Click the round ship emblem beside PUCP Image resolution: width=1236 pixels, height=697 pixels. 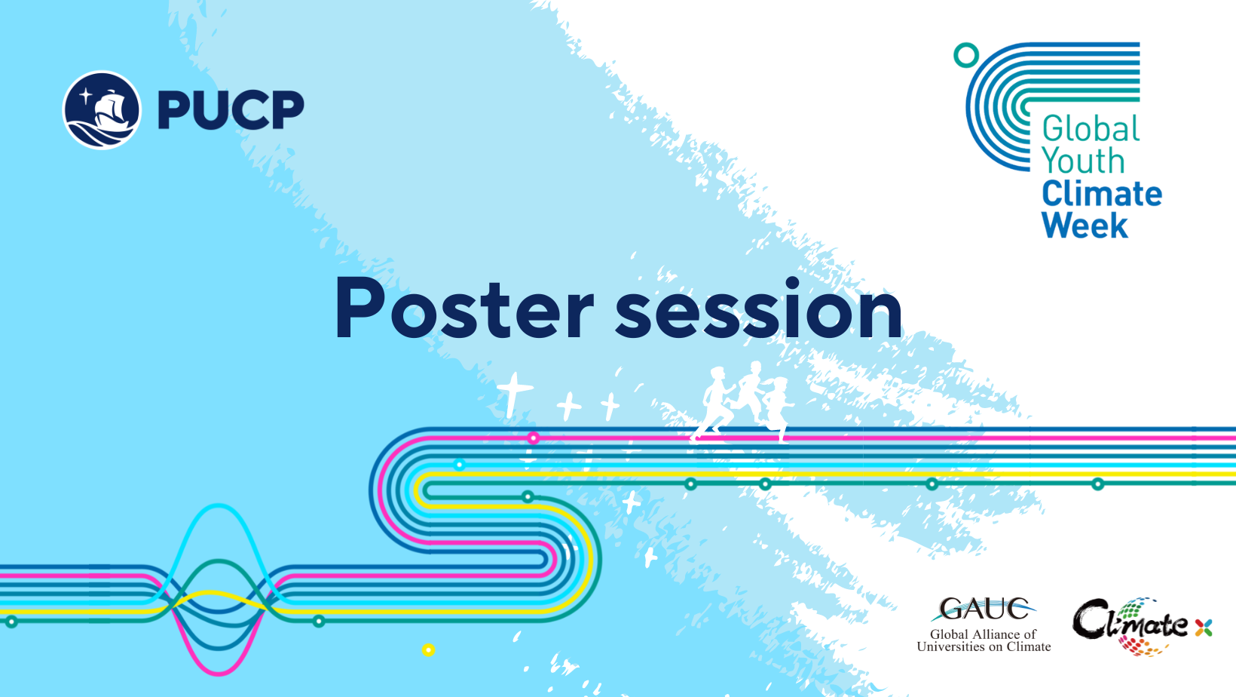pyautogui.click(x=102, y=110)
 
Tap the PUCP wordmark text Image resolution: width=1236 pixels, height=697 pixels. pyautogui.click(x=231, y=110)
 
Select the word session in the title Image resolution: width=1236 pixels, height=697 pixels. pyautogui.click(x=759, y=309)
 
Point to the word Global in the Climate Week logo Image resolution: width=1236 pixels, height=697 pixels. pyautogui.click(x=1091, y=129)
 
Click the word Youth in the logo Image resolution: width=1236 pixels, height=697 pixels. pyautogui.click(x=1083, y=160)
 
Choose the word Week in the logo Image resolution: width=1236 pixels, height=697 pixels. pyautogui.click(x=1085, y=225)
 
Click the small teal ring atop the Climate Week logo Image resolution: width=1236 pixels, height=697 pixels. pyautogui.click(x=966, y=55)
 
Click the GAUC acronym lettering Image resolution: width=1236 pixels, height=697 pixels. pyautogui.click(x=984, y=609)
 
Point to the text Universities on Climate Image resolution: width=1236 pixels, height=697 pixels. pyautogui.click(x=984, y=646)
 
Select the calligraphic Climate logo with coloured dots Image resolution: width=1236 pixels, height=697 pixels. pyautogui.click(x=1130, y=626)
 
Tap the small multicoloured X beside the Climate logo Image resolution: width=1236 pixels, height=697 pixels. pyautogui.click(x=1204, y=628)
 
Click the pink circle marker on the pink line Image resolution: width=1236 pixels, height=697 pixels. pyautogui.click(x=533, y=438)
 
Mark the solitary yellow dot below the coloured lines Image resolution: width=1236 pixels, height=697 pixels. pyautogui.click(x=428, y=650)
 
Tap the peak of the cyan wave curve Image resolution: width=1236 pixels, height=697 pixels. pyautogui.click(x=219, y=505)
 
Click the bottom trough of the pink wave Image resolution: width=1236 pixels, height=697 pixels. pyautogui.click(x=219, y=673)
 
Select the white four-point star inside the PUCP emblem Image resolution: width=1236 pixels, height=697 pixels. pyautogui.click(x=86, y=96)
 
